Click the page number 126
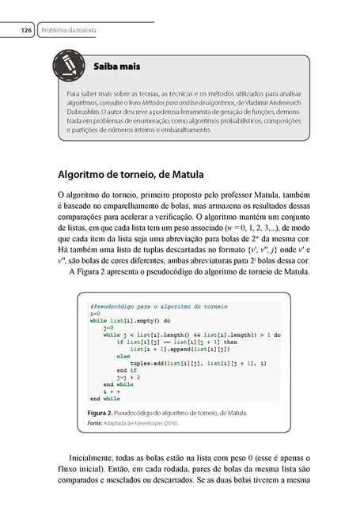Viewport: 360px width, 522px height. coord(25,30)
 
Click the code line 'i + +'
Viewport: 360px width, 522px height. coord(112,391)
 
